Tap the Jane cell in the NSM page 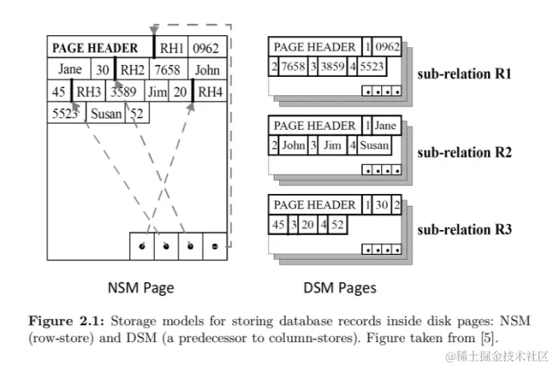pyautogui.click(x=70, y=70)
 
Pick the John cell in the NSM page pyautogui.click(x=206, y=70)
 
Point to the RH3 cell pyautogui.click(x=87, y=91)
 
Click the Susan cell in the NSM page pyautogui.click(x=107, y=113)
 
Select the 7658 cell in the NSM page pyautogui.click(x=168, y=70)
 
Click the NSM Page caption pyautogui.click(x=140, y=287)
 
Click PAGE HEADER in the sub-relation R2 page pyautogui.click(x=315, y=126)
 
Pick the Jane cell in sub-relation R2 pyautogui.click(x=385, y=126)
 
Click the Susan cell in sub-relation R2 pyautogui.click(x=373, y=146)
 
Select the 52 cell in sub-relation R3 pyautogui.click(x=338, y=224)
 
